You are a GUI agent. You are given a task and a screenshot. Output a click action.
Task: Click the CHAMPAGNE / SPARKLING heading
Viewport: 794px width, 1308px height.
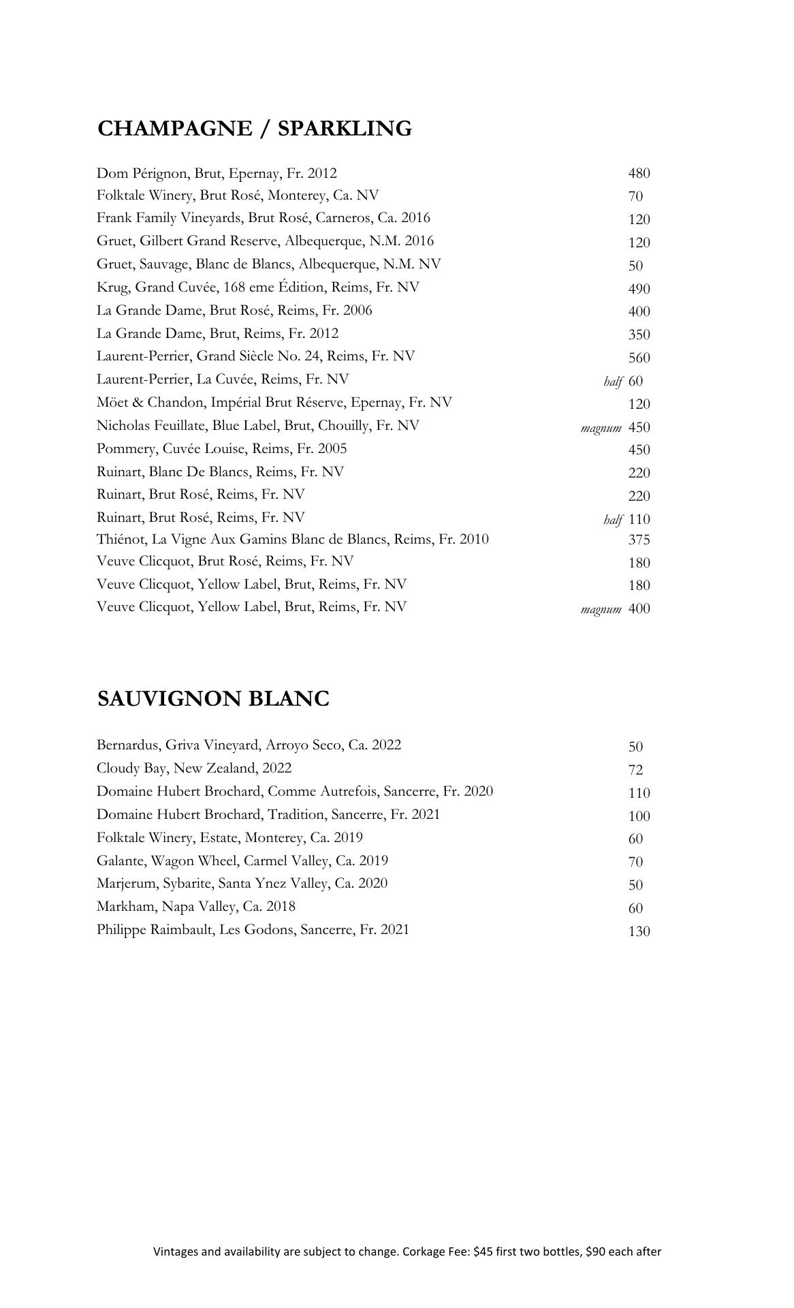255,128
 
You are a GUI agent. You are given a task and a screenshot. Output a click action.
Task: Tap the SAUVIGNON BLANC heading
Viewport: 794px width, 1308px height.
213,698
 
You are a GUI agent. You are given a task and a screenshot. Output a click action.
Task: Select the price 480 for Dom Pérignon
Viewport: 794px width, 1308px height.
639,173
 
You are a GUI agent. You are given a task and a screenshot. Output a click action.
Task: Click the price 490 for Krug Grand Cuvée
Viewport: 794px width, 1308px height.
639,288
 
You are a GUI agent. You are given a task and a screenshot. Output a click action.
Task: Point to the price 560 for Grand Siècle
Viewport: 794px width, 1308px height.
639,358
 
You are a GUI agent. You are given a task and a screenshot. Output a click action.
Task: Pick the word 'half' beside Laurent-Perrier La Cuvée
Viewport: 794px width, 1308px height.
613,381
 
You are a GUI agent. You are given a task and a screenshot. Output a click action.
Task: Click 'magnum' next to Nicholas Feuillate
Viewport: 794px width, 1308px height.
601,428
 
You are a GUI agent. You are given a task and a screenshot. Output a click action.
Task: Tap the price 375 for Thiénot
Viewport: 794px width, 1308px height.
639,540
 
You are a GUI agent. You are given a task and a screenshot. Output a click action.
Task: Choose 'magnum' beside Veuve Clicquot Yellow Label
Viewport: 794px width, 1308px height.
601,609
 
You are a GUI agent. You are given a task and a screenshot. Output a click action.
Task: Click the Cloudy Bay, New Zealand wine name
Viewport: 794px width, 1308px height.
194,768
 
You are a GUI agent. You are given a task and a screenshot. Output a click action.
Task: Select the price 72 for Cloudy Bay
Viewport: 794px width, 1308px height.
635,770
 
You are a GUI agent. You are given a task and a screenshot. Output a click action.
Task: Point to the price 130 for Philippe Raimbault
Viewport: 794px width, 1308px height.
639,931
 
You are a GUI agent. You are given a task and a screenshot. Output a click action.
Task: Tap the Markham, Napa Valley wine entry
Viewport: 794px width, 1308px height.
196,907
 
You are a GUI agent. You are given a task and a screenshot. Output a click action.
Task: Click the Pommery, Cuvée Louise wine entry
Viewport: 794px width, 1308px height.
221,449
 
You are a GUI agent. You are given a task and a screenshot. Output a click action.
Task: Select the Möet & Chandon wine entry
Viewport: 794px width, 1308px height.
274,403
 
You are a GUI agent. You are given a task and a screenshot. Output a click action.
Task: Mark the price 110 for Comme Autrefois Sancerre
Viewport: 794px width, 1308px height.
639,793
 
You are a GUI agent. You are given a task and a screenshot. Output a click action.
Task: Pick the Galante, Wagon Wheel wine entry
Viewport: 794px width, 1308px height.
242,861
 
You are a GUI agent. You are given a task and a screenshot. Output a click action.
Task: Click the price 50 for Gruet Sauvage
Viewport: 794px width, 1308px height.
635,266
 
